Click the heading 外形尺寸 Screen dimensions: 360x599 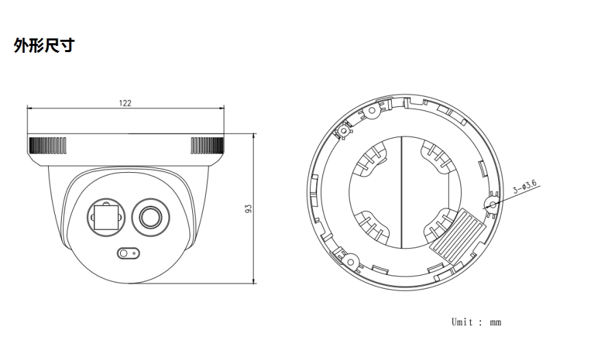[44, 46]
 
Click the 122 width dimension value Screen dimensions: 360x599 [124, 103]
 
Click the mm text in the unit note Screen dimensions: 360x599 [495, 322]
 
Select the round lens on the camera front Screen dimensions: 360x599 [150, 218]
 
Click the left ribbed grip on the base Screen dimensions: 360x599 [47, 145]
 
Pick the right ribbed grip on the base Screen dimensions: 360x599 [207, 145]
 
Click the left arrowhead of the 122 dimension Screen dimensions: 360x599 [30, 108]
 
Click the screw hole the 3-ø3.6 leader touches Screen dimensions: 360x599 [493, 203]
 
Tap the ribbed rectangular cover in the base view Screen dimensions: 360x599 [458, 232]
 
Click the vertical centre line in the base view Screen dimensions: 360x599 [399, 192]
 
